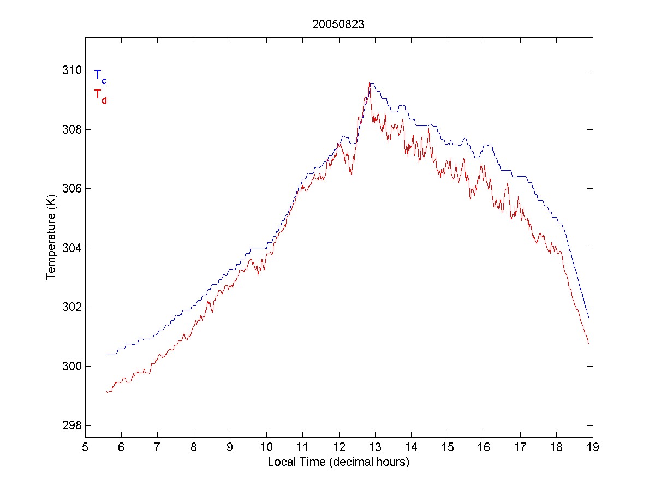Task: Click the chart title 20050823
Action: pos(338,25)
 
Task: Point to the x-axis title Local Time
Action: pos(338,462)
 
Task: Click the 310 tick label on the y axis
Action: pos(72,70)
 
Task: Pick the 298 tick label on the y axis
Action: pos(72,425)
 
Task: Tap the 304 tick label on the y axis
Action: pos(72,248)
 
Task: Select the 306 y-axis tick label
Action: pos(72,189)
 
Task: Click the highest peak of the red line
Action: pos(370,83)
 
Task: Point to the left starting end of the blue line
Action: pos(107,354)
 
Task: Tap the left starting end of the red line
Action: pos(107,392)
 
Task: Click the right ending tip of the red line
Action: pos(588,344)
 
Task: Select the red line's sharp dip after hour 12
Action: pos(352,175)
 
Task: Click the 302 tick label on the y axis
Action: pos(72,307)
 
